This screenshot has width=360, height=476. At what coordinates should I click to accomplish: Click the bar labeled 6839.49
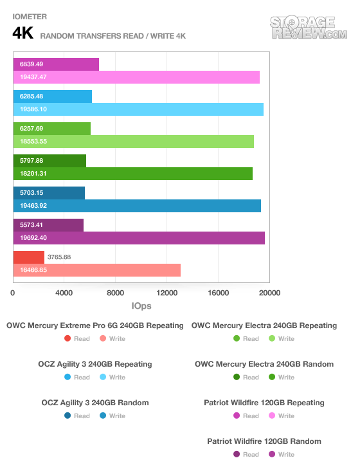pyautogui.click(x=56, y=64)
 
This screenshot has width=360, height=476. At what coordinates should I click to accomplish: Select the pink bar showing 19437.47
pyautogui.click(x=136, y=77)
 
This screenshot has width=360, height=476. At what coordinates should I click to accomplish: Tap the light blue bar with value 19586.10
pyautogui.click(x=138, y=109)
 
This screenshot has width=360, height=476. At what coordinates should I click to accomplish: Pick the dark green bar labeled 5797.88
pyautogui.click(x=50, y=161)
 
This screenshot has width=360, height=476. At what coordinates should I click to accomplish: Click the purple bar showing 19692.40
pyautogui.click(x=139, y=238)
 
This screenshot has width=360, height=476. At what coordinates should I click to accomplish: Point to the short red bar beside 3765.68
pyautogui.click(x=29, y=257)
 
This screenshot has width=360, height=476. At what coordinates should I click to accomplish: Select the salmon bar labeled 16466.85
pyautogui.click(x=97, y=270)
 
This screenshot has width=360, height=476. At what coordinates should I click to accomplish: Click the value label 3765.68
pyautogui.click(x=59, y=257)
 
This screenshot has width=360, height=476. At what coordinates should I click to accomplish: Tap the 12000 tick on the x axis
pyautogui.click(x=166, y=293)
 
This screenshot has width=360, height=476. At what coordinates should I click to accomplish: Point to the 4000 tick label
pyautogui.click(x=64, y=293)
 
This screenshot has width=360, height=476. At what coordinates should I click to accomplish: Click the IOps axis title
pyautogui.click(x=141, y=306)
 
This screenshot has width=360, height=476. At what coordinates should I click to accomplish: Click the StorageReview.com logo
pyautogui.click(x=309, y=28)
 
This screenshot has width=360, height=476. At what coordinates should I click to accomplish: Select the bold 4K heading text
pyautogui.click(x=22, y=33)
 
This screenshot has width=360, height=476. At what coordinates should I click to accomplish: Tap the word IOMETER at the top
pyautogui.click(x=30, y=17)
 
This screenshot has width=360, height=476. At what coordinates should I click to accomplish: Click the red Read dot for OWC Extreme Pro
pyautogui.click(x=67, y=338)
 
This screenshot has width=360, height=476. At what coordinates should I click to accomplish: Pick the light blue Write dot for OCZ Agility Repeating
pyautogui.click(x=103, y=377)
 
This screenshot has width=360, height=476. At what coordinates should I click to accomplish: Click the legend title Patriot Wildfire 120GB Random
pyautogui.click(x=264, y=441)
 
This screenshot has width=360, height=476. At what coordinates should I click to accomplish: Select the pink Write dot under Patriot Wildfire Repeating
pyautogui.click(x=272, y=416)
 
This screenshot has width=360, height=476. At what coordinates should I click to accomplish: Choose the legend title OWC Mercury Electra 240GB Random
pyautogui.click(x=264, y=364)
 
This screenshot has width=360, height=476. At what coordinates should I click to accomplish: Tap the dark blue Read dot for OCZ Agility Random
pyautogui.click(x=67, y=416)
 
